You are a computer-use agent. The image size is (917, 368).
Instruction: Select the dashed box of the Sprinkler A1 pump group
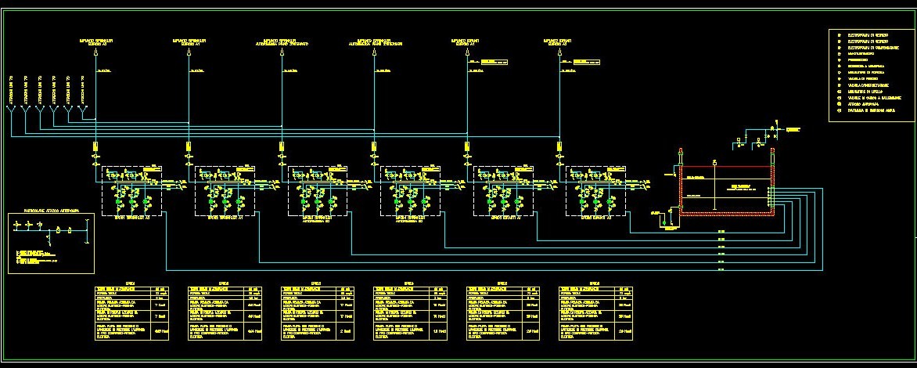tap(225, 190)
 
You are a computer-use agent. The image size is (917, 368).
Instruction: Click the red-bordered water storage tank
tap(725, 190)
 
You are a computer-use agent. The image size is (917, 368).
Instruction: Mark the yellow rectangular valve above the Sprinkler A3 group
tap(95, 147)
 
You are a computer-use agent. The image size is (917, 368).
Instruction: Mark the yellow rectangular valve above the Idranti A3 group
tap(467, 147)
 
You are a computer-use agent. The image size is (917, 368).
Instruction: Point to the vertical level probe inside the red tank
tap(714, 188)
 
